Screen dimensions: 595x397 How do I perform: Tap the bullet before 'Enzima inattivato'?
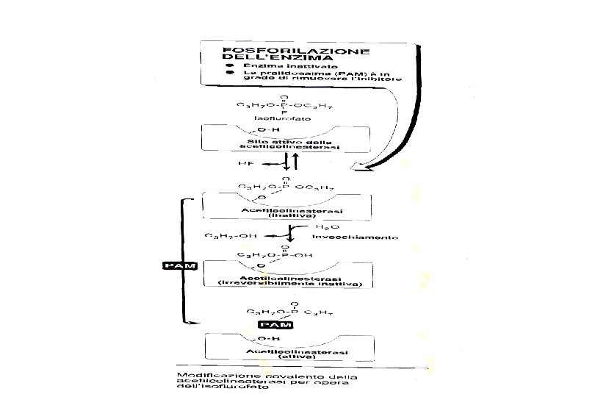(x=229, y=65)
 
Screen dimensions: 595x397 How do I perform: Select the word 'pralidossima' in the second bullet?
(x=276, y=74)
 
